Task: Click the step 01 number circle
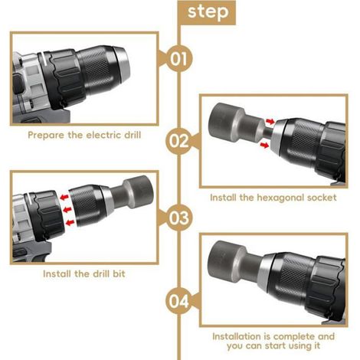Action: click(178, 59)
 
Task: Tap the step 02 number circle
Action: click(178, 141)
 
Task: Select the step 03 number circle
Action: click(178, 218)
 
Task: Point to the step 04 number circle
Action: click(178, 301)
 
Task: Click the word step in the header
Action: click(208, 12)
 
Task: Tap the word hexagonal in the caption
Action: click(280, 198)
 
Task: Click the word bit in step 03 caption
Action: click(119, 273)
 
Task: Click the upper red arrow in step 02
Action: click(270, 121)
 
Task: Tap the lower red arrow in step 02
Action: click(264, 146)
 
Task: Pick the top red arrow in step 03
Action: click(64, 197)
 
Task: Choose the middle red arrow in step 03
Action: click(67, 210)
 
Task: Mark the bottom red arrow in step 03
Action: click(70, 223)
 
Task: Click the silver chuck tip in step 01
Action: click(122, 63)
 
